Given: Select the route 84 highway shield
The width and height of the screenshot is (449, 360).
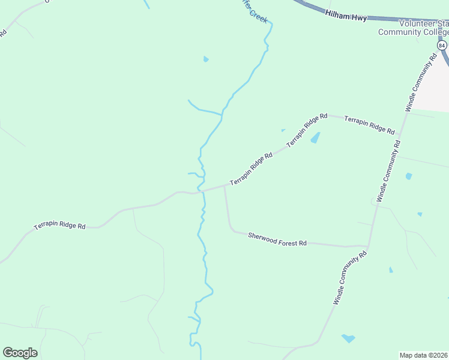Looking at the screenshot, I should coord(442,45).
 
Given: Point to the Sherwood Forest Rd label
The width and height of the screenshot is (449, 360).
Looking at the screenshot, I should coord(277,239).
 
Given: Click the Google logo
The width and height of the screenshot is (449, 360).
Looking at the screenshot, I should coord(20,352).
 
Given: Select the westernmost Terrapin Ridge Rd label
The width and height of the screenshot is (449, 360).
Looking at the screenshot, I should coord(59,226).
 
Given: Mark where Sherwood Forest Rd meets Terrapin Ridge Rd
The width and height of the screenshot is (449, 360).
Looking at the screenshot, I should coord(224,186).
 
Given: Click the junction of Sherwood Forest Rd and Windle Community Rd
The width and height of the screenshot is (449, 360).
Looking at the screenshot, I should coord(368,246).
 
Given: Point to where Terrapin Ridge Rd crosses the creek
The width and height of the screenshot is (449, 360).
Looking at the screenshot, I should coord(200,192).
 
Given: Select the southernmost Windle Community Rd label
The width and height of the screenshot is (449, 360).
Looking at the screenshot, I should coord(349,278).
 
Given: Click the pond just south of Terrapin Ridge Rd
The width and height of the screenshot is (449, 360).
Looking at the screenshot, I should coord(315,138).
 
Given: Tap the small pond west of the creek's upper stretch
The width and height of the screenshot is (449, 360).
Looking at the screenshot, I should coord(206,59).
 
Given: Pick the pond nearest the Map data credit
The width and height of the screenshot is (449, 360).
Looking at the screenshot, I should coord(348,338).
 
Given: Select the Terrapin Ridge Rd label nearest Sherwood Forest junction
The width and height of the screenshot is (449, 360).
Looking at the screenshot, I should coord(251,169).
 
